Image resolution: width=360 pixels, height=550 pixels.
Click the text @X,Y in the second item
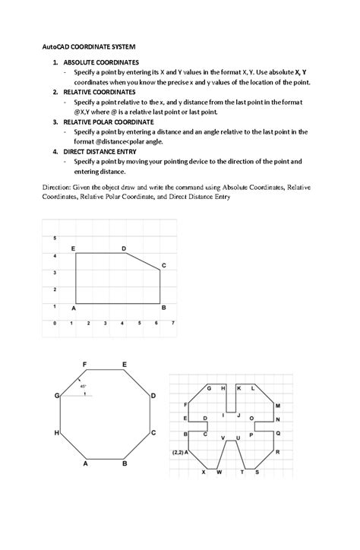click(x=84, y=112)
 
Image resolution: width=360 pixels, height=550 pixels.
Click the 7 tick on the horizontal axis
click(x=173, y=323)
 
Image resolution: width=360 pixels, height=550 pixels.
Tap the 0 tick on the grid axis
click(x=54, y=323)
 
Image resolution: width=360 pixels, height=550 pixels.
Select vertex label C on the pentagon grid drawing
click(x=163, y=264)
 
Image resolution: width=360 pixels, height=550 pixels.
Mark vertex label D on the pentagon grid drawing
click(x=124, y=249)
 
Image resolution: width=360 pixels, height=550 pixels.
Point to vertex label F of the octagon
click(x=84, y=365)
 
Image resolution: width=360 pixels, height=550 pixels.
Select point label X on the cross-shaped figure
click(x=203, y=473)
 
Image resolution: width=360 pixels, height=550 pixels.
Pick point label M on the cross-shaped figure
click(x=277, y=406)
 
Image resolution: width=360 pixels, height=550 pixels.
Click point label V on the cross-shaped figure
click(x=223, y=439)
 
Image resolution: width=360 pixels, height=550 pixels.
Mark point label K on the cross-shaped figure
click(x=240, y=388)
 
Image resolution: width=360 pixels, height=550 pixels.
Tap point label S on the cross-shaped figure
click(x=257, y=473)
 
